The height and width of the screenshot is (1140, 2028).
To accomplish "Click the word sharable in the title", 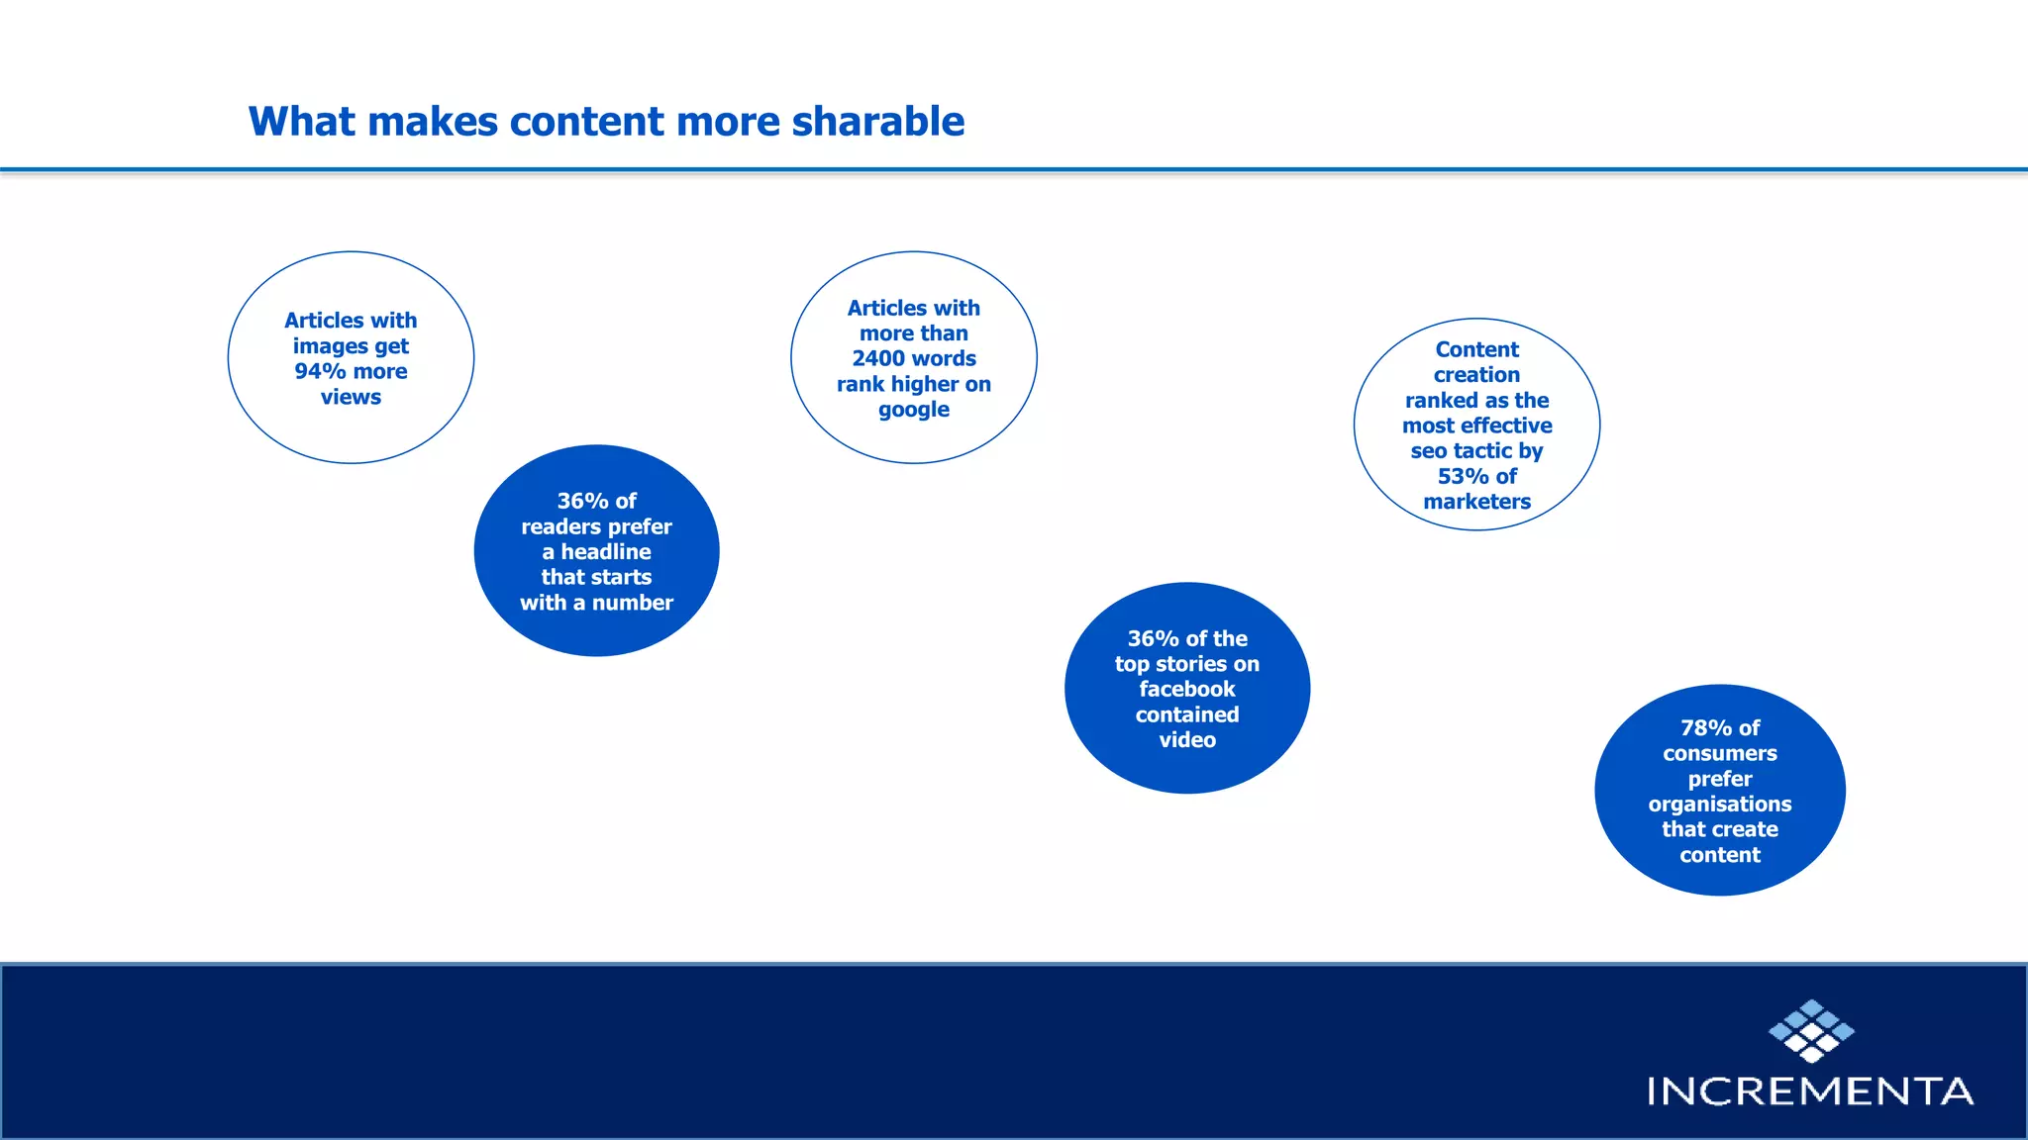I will pos(877,122).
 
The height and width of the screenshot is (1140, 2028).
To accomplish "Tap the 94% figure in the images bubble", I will pos(320,371).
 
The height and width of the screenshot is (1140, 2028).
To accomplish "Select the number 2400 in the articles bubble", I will pos(879,358).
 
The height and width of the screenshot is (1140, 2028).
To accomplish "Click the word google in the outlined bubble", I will pos(913,410).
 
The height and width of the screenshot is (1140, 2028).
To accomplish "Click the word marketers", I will pos(1476,502).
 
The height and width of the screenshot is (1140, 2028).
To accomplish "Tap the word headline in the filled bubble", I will pos(606,552).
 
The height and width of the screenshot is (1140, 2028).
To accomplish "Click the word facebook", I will pos(1186,689).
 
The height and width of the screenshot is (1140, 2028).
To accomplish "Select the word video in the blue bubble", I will pos(1186,740).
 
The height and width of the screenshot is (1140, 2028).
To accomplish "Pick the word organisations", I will pos(1719,805).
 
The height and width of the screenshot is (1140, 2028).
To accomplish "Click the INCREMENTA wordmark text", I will pos(1810,1092).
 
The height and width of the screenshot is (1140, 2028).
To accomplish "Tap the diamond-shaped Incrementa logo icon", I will pos(1811,1031).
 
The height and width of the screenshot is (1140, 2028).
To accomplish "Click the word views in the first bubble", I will pos(351,397).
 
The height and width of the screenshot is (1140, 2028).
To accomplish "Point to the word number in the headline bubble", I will pos(632,603).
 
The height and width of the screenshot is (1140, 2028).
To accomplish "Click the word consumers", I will pos(1719,754).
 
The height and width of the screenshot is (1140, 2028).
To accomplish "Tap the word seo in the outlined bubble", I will pos(1428,451).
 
